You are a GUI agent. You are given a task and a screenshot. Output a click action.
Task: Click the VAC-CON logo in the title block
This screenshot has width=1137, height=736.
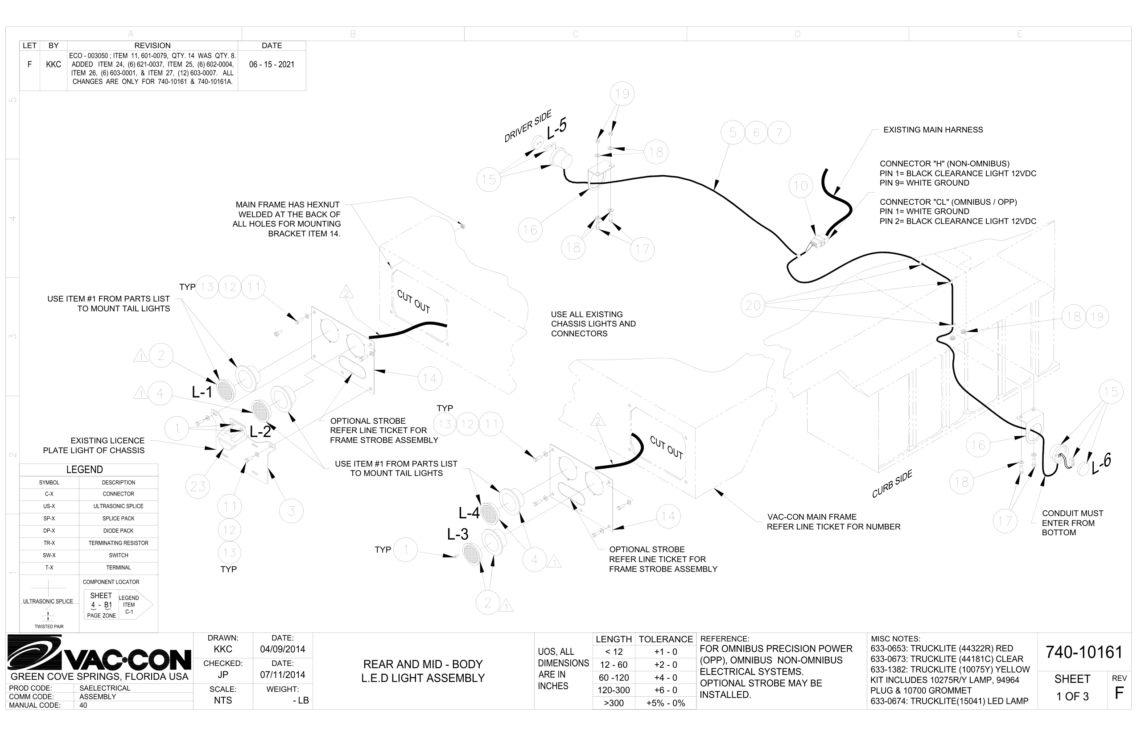pos(99,653)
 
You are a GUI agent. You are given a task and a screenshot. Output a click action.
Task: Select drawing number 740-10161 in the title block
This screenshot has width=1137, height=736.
pos(1083,652)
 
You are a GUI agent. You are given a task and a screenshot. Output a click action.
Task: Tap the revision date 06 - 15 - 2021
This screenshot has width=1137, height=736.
pos(272,65)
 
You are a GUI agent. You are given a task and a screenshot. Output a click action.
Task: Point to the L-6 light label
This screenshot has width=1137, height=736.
pos(1101,463)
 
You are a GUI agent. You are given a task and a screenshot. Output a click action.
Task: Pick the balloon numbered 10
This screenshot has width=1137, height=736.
pos(801,186)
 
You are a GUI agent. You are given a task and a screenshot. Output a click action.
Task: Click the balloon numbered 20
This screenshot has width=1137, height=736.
pos(753,305)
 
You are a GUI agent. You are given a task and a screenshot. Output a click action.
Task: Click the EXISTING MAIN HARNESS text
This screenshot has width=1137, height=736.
pos(933,130)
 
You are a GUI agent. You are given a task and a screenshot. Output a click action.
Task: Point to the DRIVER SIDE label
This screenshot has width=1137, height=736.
pos(527,126)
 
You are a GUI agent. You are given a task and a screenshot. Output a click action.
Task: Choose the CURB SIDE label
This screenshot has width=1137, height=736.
pos(892,484)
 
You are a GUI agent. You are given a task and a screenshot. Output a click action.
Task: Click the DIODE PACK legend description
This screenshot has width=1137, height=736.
pos(119,530)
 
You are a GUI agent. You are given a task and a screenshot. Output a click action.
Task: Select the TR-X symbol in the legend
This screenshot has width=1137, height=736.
pos(49,543)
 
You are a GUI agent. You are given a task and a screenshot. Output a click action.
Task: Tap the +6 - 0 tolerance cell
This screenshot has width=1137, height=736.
pos(665,690)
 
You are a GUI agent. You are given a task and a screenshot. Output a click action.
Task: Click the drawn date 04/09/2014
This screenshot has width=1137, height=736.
pos(282,649)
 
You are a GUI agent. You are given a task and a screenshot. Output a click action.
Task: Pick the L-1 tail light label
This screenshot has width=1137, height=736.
pos(202,393)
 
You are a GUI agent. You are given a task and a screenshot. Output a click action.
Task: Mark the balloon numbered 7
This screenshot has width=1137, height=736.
pos(779,132)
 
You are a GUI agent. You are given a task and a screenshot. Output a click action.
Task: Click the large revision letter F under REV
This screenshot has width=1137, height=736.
pos(1119,694)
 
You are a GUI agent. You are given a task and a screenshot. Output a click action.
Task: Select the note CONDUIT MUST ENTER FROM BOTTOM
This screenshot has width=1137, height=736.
pos(1072,523)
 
